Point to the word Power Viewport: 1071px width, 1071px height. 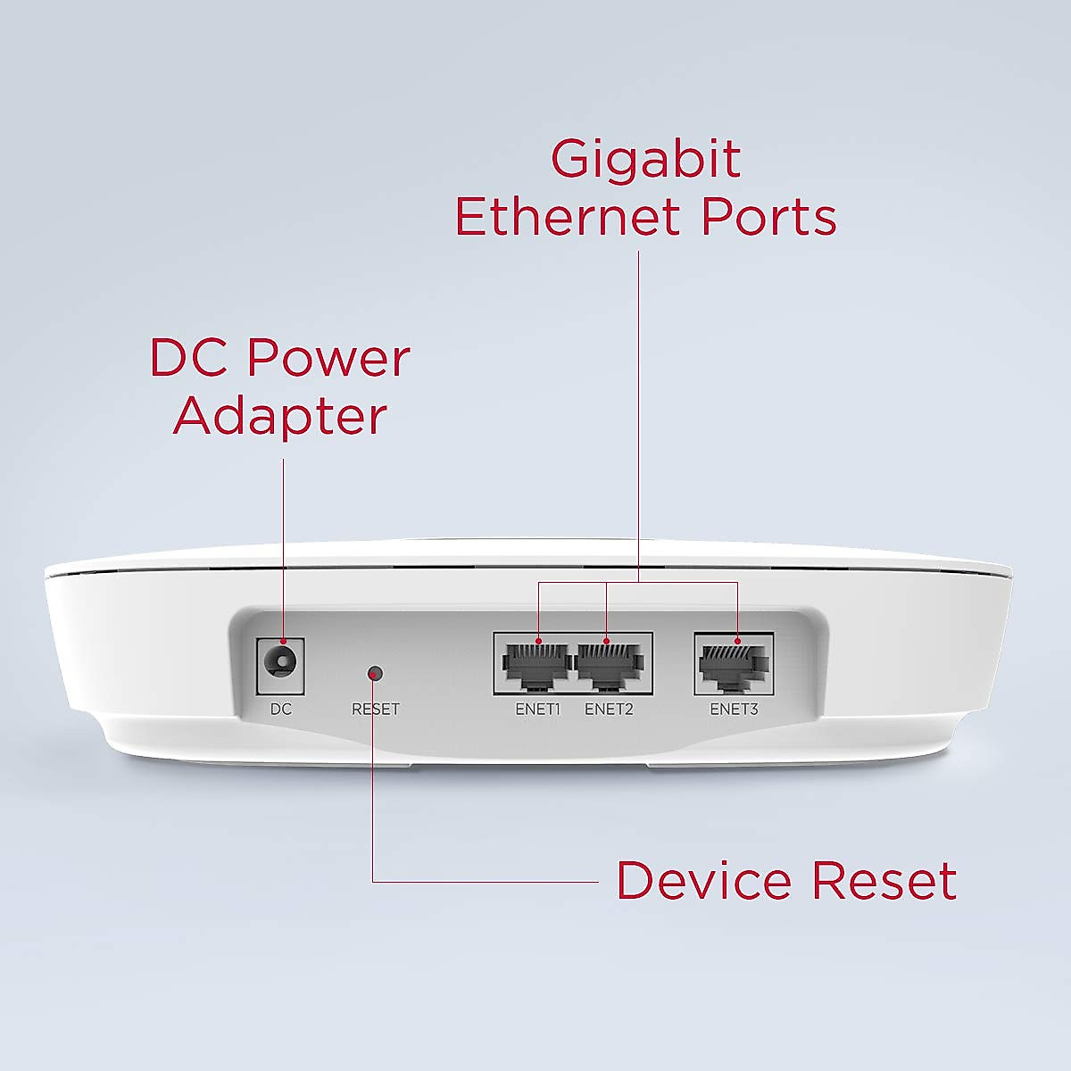(x=328, y=358)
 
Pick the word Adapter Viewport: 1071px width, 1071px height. (x=280, y=416)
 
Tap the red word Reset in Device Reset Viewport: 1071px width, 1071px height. (x=884, y=881)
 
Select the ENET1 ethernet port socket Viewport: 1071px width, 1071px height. (x=535, y=666)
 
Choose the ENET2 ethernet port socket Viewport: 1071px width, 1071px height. (x=610, y=666)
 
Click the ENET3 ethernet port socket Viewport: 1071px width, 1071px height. (x=734, y=666)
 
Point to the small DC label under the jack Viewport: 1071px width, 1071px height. (x=281, y=710)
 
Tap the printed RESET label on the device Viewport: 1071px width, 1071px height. (x=376, y=710)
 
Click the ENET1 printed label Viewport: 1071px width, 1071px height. (x=537, y=710)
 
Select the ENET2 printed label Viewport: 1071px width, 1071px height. (x=609, y=710)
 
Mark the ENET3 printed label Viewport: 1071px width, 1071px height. (x=734, y=710)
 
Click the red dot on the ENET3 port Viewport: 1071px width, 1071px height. (x=737, y=641)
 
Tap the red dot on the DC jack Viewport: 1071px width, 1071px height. (x=283, y=641)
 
